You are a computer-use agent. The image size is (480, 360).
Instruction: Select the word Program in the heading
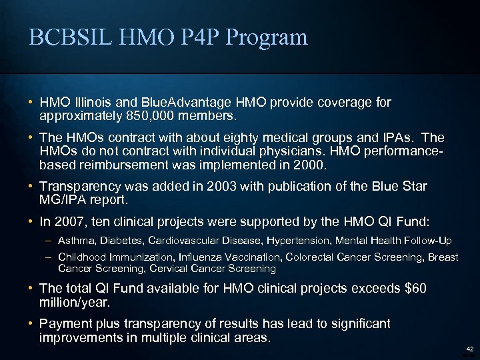267,37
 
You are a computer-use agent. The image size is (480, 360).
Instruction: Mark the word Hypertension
297,240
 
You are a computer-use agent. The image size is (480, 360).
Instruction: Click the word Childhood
83,257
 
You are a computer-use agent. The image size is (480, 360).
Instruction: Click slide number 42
469,349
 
